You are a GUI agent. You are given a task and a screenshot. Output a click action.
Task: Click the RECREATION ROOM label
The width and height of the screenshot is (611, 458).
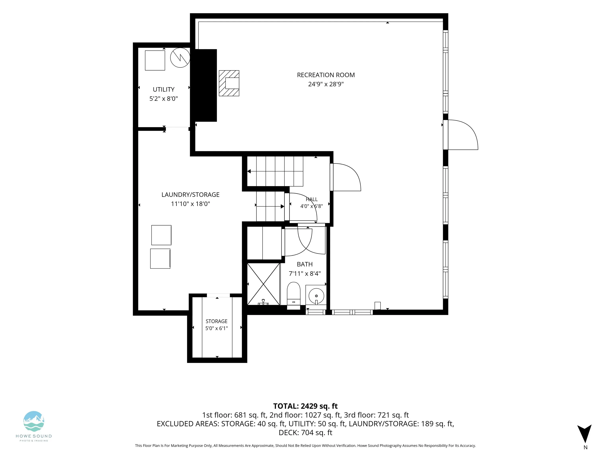[326, 75]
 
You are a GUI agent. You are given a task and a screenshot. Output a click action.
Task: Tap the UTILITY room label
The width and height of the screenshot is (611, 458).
[163, 89]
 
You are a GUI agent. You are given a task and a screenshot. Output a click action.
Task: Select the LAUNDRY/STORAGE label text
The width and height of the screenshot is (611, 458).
[190, 195]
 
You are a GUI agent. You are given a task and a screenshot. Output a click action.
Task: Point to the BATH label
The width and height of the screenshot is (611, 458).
[305, 264]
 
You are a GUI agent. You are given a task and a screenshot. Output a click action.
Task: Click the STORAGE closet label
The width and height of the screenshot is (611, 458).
[217, 321]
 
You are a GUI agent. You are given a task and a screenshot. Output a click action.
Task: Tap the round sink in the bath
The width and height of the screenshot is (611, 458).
[316, 296]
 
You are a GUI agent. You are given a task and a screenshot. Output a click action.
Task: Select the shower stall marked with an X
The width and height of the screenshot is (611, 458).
[264, 284]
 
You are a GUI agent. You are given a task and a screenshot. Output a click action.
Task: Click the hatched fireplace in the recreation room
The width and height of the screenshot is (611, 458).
[229, 83]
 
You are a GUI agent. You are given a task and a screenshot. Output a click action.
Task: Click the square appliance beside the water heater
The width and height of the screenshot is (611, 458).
[155, 60]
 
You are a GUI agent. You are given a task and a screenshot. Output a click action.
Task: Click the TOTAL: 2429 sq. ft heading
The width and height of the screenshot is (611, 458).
[305, 406]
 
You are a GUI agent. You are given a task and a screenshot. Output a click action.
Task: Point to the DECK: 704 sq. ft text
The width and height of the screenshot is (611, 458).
[305, 433]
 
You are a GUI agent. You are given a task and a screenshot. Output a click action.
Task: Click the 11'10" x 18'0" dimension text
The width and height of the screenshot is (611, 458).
[191, 204]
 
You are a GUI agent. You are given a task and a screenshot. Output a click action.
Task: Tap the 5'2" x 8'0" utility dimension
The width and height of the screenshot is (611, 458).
[163, 99]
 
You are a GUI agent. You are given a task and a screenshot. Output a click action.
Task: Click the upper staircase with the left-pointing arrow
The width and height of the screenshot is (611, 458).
[275, 171]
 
